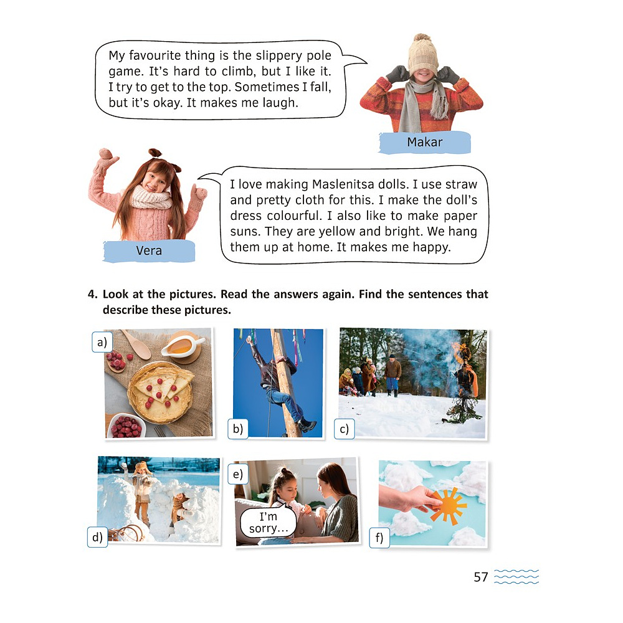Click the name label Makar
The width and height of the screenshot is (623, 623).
[x=424, y=142]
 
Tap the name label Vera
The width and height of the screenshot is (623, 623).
[x=149, y=250]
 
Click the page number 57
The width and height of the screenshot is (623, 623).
[x=481, y=577]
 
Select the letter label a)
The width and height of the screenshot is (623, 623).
[x=102, y=342]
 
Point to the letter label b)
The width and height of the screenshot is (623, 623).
[x=238, y=429]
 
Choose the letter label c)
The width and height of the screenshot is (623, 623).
[x=344, y=429]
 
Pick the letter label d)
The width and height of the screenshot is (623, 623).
[x=97, y=537]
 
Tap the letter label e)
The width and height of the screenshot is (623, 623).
[x=238, y=474]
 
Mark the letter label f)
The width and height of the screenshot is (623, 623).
[x=379, y=538]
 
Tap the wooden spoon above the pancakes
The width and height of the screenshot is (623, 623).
[x=136, y=344]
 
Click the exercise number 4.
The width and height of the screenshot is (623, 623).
[x=92, y=294]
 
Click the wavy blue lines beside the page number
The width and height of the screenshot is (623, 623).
[x=516, y=576]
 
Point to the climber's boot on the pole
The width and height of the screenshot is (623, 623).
[x=307, y=425]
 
